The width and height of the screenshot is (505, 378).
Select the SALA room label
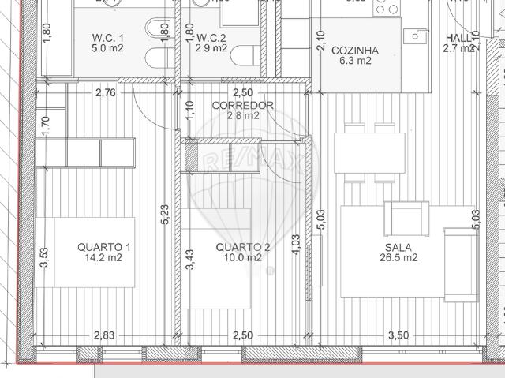397,246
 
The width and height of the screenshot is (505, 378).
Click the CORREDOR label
243,106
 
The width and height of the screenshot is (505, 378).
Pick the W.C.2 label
211,37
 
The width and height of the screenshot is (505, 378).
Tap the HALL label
458,38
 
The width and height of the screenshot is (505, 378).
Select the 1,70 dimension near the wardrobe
45,125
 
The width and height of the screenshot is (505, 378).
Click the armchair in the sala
406,217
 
